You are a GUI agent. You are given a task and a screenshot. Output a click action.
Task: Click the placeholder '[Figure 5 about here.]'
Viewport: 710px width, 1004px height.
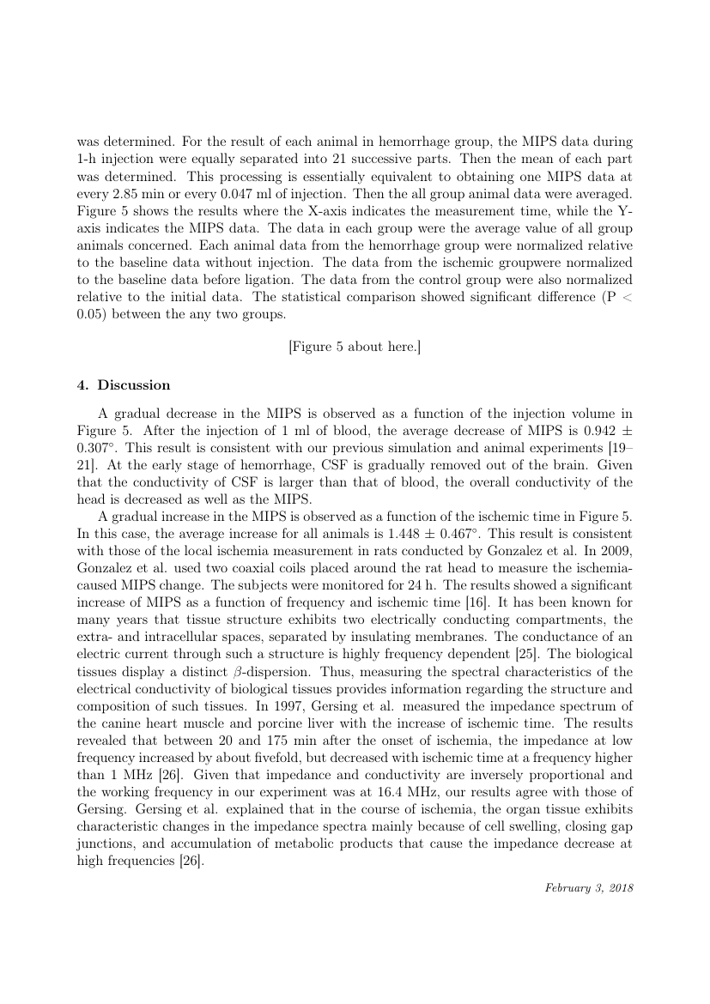tap(355, 346)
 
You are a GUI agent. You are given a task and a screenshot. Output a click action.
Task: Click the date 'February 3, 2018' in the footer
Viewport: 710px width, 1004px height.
tap(589, 888)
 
